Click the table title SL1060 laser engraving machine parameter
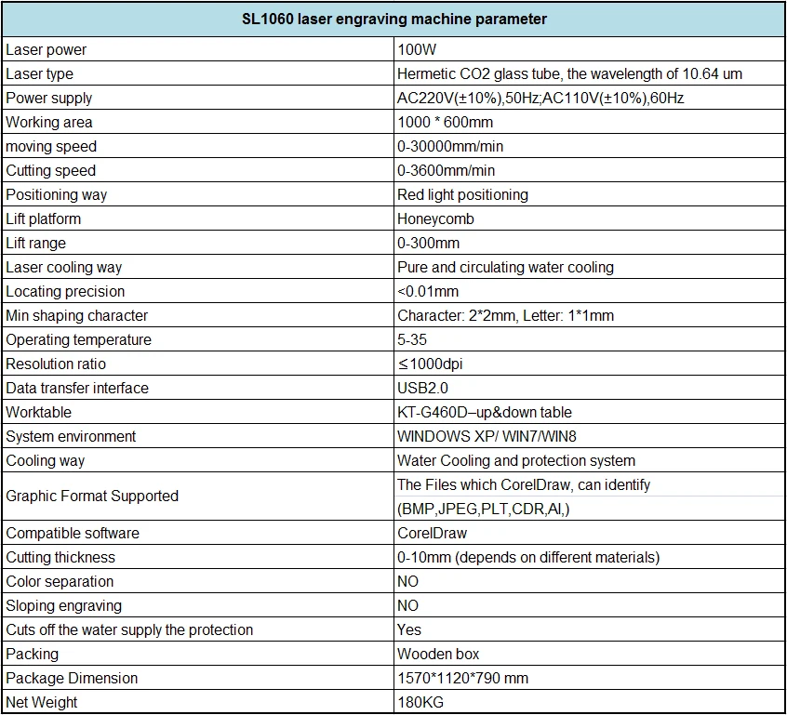pos(394,20)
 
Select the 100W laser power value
pos(417,49)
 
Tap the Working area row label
pos(49,123)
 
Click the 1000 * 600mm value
pos(446,123)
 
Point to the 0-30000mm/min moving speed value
pos(450,147)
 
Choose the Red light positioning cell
pos(462,194)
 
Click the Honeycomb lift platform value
pos(435,219)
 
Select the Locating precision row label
pos(65,292)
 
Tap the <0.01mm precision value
pos(428,292)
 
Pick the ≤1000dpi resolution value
pos(430,364)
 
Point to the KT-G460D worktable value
pos(485,413)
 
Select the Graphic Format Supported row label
pos(92,497)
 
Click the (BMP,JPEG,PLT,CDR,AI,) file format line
pos(484,510)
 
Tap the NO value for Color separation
pos(407,581)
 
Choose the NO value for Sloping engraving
pos(407,605)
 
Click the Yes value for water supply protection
pos(409,629)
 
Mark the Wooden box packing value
pos(438,654)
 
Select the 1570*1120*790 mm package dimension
pos(462,679)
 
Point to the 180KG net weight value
pos(420,703)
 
